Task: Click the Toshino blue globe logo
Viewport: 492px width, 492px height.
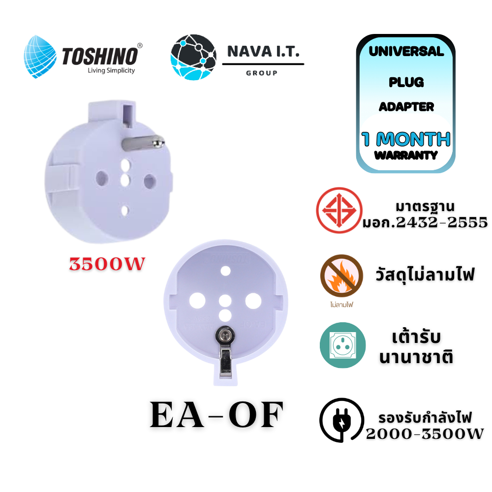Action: [x=40, y=57]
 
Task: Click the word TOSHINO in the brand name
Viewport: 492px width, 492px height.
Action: [x=100, y=57]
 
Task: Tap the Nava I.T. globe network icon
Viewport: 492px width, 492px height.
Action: [x=193, y=57]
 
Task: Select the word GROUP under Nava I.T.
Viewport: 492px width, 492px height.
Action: [x=262, y=73]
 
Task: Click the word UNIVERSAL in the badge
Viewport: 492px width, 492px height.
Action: [x=406, y=52]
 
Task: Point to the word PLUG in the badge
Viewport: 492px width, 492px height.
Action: [x=406, y=82]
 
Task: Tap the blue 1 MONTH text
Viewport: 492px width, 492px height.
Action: [x=406, y=139]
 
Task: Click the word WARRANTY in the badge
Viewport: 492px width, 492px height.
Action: [x=406, y=155]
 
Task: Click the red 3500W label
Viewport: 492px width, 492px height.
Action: [x=107, y=264]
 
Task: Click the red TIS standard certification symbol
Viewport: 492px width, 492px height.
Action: [x=339, y=210]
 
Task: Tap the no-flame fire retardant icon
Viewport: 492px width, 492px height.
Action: [x=341, y=276]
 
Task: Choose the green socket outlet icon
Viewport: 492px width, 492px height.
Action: [x=342, y=345]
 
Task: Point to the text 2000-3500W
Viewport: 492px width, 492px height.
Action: [x=425, y=434]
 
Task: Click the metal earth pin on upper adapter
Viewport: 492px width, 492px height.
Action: [x=143, y=143]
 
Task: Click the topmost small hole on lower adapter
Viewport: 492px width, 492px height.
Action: [x=225, y=271]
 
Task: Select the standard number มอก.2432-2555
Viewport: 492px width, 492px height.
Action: [x=425, y=222]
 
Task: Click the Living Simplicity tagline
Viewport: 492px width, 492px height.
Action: [x=111, y=70]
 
